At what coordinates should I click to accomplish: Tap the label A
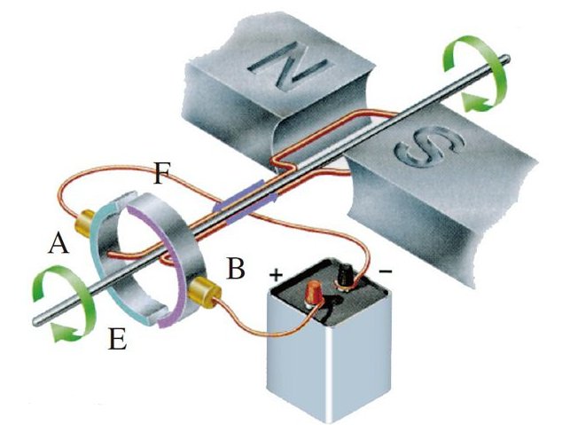pos(59,243)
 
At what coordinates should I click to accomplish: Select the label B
pos(235,268)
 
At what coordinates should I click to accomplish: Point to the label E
pos(117,339)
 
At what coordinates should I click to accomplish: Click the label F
pos(161,173)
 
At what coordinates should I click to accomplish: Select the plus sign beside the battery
pos(276,275)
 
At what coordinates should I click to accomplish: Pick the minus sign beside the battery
pos(386,271)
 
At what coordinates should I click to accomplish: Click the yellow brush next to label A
pos(84,223)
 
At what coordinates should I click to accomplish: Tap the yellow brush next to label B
pos(205,292)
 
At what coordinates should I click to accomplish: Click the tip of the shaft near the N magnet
pos(506,58)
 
